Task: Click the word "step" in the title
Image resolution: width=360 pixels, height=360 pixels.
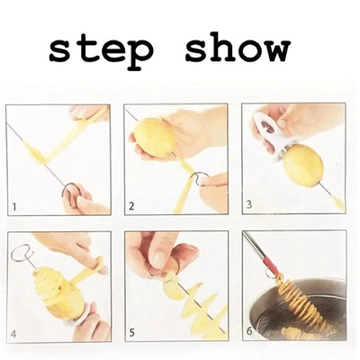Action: pos(102,51)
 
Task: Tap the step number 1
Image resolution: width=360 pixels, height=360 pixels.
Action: pos(14,207)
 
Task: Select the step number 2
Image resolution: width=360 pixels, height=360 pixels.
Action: pos(131,206)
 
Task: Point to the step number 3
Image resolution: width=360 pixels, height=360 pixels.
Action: pos(249,204)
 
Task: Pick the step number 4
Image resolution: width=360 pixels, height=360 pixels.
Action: pos(13,334)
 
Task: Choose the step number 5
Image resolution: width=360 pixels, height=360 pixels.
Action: pos(132,333)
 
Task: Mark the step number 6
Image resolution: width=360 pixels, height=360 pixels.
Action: pos(249,331)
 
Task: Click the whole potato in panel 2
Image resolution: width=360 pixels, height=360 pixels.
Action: pos(155,137)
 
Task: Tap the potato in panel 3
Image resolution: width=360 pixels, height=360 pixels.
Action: pos(303,166)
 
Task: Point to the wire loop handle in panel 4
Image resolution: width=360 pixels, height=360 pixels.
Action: pos(22,255)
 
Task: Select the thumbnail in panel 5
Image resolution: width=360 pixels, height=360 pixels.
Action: pos(158,258)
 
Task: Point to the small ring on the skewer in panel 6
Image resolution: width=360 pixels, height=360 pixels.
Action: pos(269,274)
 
